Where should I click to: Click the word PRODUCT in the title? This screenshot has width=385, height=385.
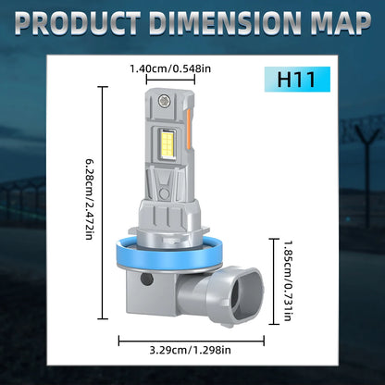[x=78, y=23]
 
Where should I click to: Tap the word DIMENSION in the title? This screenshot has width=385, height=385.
[x=226, y=23]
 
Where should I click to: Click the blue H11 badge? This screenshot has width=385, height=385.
[x=297, y=80]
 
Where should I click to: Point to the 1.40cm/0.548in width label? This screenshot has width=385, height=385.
[x=170, y=68]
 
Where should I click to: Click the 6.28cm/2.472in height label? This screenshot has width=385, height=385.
[x=89, y=199]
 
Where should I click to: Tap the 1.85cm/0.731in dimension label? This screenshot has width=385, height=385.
[x=288, y=280]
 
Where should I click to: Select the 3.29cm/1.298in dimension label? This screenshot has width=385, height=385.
[x=190, y=350]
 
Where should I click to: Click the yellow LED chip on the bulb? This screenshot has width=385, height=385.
[x=167, y=144]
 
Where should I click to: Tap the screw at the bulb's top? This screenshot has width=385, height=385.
[x=164, y=100]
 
